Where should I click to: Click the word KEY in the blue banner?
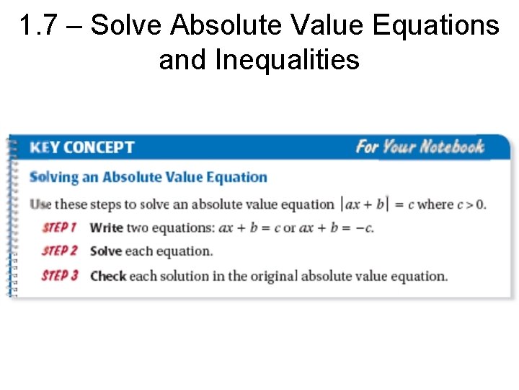coord(44,148)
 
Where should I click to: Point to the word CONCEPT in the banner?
coord(99,148)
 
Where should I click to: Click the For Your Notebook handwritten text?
coord(420,147)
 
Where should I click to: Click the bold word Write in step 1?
coord(107,227)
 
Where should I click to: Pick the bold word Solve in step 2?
coord(106,251)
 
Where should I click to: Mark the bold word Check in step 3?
coord(108,276)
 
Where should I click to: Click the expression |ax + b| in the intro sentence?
coord(364,204)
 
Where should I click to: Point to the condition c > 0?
coord(471,204)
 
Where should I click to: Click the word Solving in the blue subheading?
coord(56,178)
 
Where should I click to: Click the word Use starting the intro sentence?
coord(40,204)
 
